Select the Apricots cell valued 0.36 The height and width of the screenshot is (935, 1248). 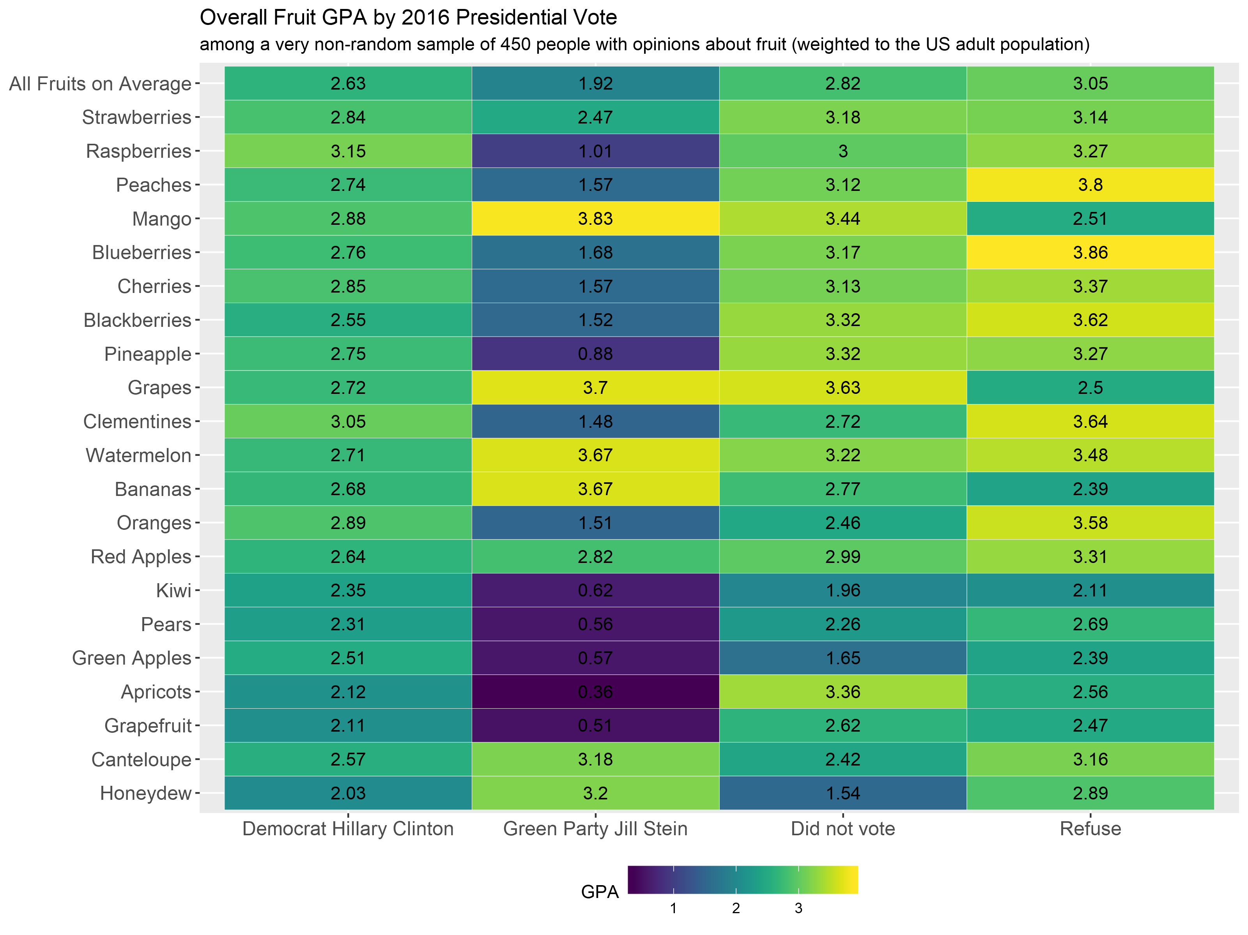click(x=595, y=692)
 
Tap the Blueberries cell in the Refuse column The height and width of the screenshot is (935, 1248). click(x=1090, y=252)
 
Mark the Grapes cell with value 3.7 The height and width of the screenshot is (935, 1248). click(x=595, y=387)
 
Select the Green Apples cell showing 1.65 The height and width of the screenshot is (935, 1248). click(x=843, y=658)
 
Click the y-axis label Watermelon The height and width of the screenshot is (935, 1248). click(x=138, y=455)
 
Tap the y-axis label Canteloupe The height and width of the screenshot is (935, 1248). click(x=141, y=760)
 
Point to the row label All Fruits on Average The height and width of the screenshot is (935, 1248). click(x=101, y=83)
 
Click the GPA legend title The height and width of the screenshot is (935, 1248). click(x=600, y=892)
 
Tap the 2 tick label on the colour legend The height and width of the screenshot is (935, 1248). click(x=736, y=909)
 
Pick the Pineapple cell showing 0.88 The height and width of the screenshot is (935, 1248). click(x=595, y=354)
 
